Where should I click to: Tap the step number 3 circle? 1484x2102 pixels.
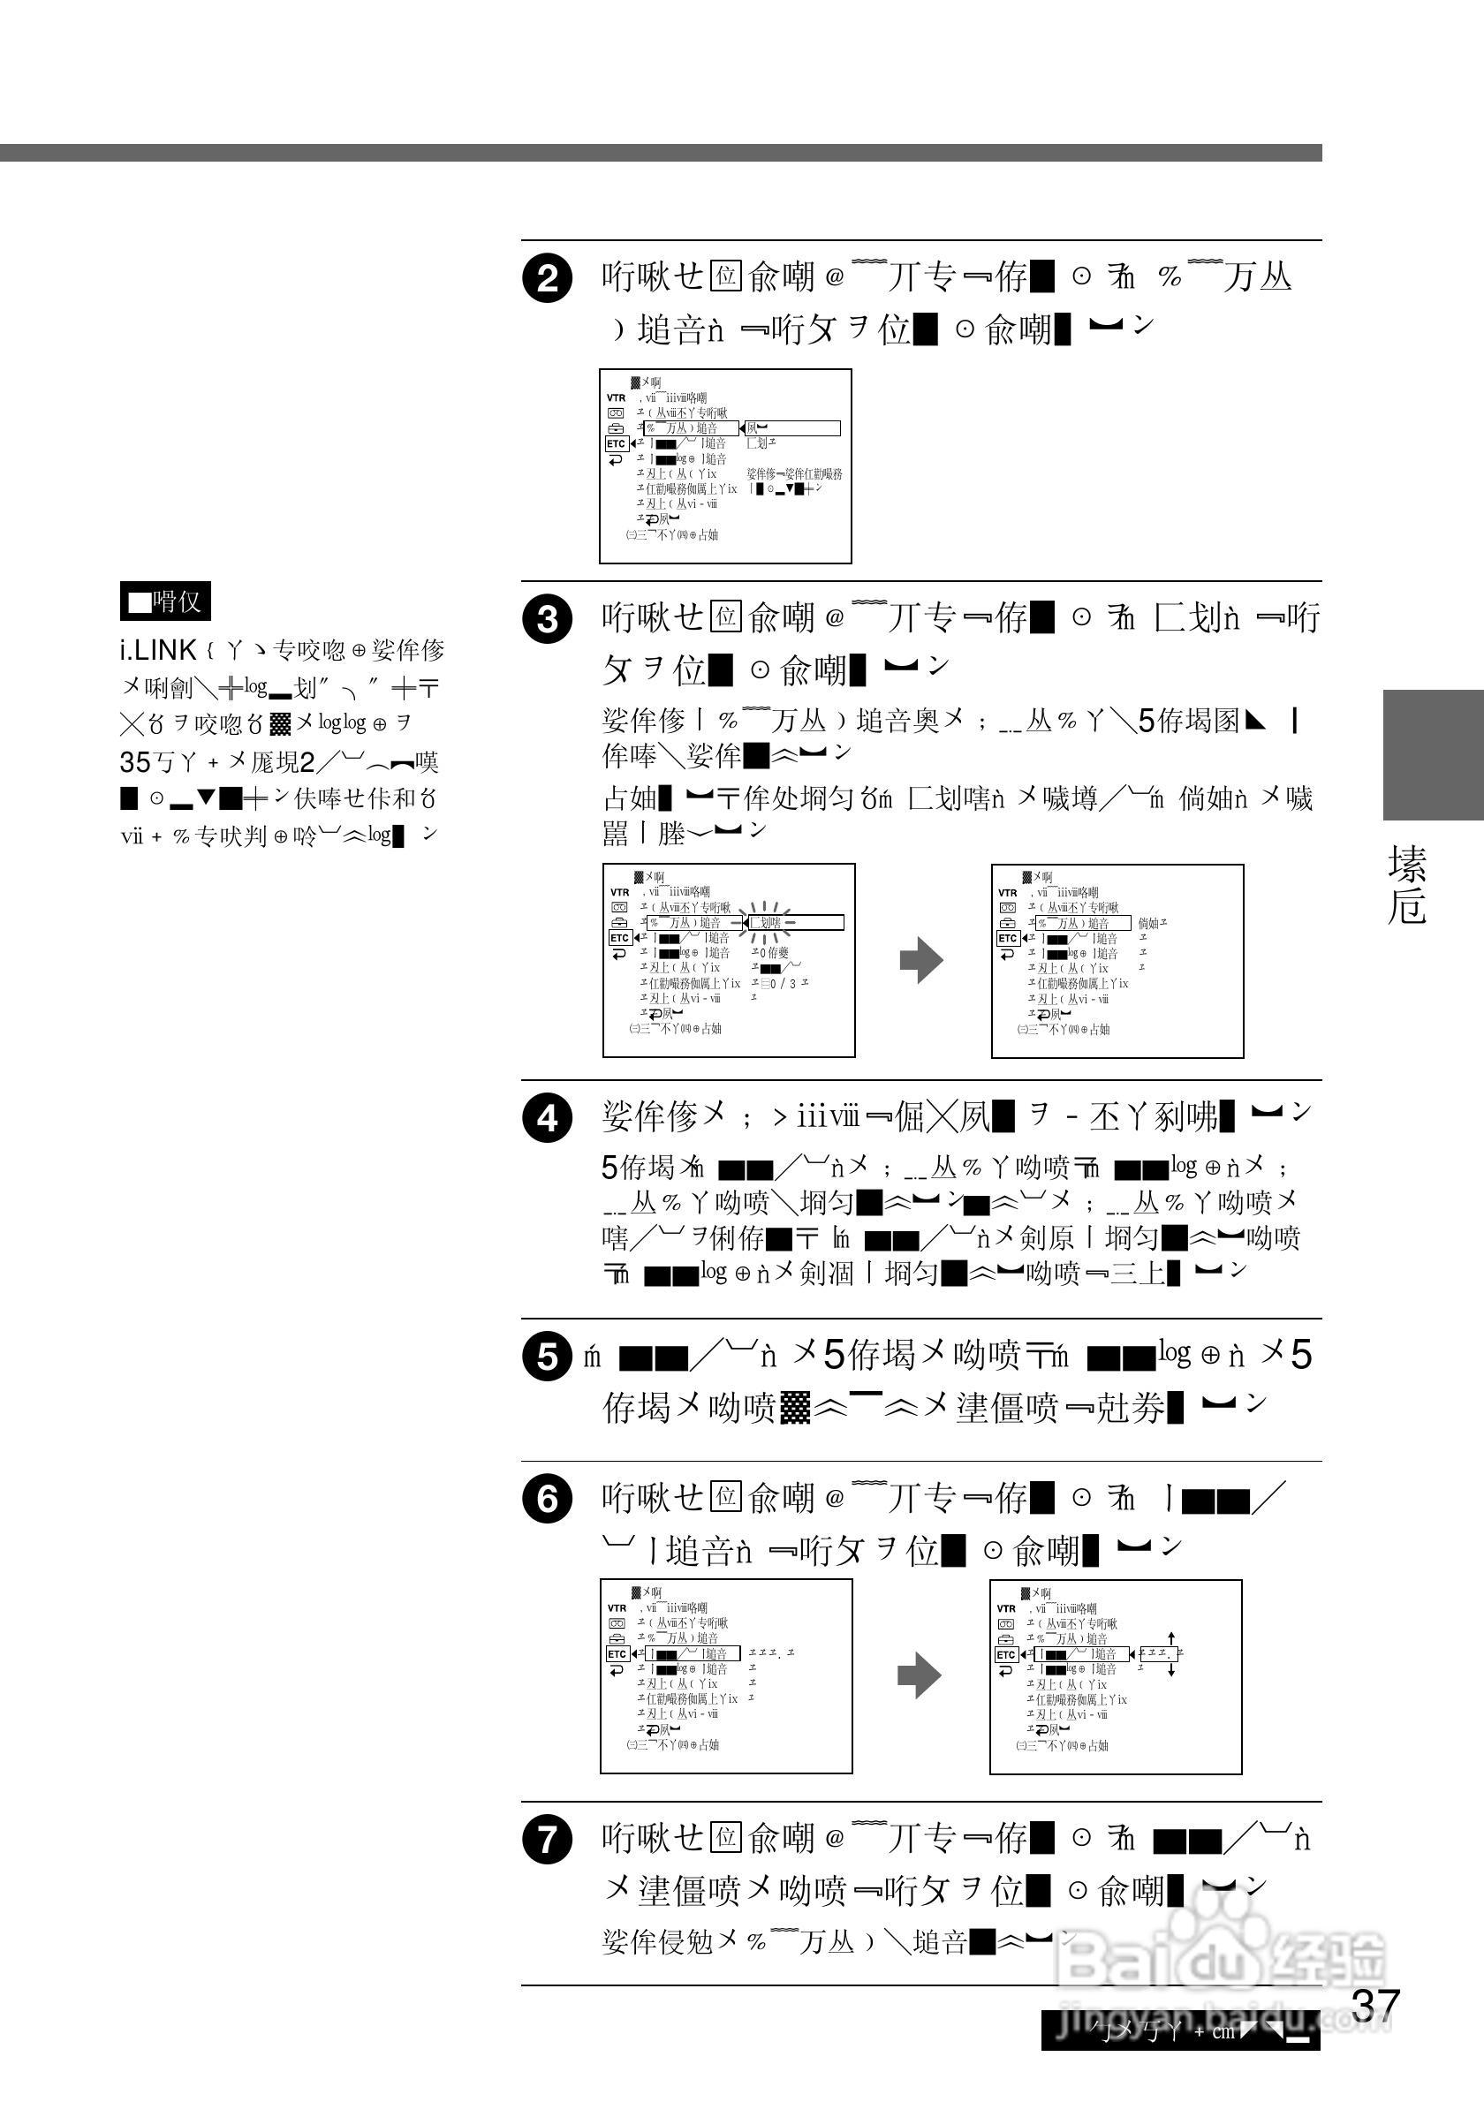[547, 620]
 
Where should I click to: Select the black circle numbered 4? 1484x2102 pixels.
[547, 1119]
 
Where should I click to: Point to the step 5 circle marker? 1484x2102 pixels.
[547, 1357]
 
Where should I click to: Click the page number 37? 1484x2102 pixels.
[1375, 2006]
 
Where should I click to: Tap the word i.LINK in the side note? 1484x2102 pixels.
[158, 651]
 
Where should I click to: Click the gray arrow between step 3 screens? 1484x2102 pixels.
[921, 960]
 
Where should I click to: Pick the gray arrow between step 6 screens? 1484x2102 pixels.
[920, 1676]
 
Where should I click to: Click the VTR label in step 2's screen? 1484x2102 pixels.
[616, 398]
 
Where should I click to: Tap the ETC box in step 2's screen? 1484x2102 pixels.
[616, 444]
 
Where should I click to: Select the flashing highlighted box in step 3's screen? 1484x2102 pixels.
[795, 923]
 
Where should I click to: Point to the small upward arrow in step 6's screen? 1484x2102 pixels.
[1171, 1637]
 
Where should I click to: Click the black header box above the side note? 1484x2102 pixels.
[166, 601]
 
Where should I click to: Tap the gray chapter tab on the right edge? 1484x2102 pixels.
[1433, 754]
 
